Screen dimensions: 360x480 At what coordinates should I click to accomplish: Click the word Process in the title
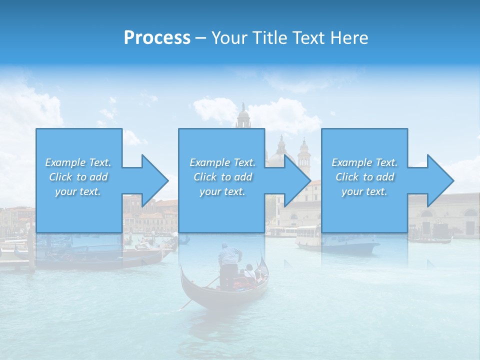point(157,38)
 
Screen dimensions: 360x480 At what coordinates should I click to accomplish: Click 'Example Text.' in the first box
point(78,162)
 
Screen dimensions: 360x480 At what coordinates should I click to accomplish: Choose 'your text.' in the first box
point(78,191)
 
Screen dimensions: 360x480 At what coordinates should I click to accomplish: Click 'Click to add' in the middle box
point(222,177)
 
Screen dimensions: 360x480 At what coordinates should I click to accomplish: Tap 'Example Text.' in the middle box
point(222,162)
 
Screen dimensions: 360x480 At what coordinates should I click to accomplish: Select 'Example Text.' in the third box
point(364,162)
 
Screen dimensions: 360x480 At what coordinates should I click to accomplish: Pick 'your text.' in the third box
point(364,191)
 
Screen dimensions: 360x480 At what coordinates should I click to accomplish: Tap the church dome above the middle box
point(243,117)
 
